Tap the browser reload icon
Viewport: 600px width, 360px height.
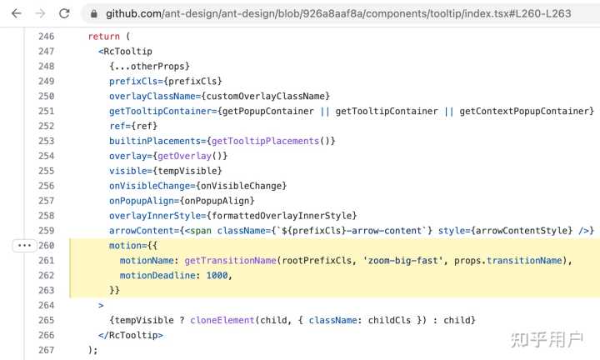click(x=64, y=14)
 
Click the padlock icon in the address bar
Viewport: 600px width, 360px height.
click(x=93, y=14)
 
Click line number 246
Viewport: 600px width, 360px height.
click(x=46, y=37)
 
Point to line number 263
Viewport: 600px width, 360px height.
click(x=46, y=290)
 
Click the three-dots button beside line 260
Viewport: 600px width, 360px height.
click(x=23, y=246)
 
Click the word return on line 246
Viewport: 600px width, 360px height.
click(x=103, y=37)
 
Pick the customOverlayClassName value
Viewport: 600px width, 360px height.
click(x=271, y=97)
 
